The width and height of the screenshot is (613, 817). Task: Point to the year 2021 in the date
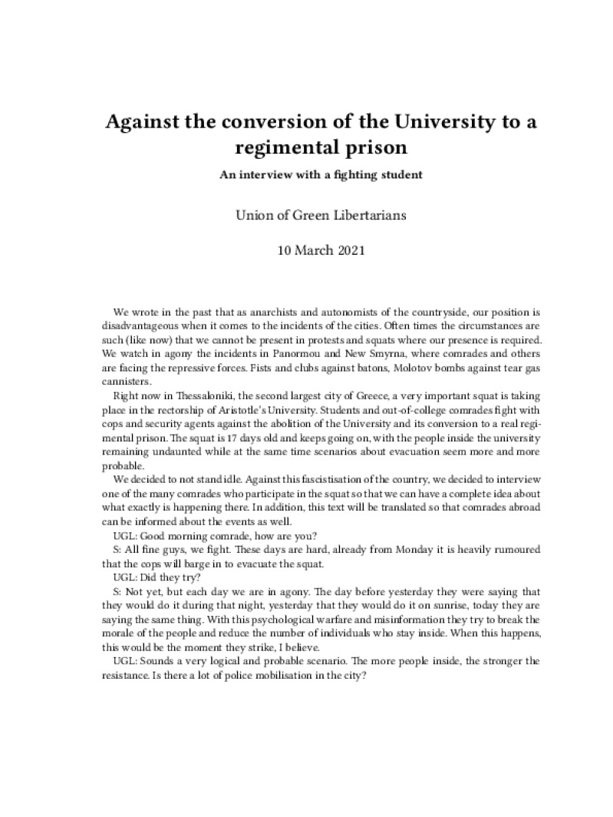pos(339,250)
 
